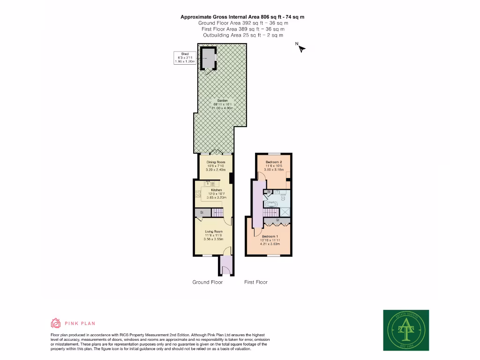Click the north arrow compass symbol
(x=300, y=47)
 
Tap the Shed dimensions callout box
(x=185, y=58)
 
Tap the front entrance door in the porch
(x=225, y=270)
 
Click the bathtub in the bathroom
(x=272, y=204)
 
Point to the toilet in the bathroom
(x=283, y=197)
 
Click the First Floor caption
(x=256, y=282)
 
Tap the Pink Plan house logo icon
(x=56, y=323)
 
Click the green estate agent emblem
(x=406, y=330)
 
